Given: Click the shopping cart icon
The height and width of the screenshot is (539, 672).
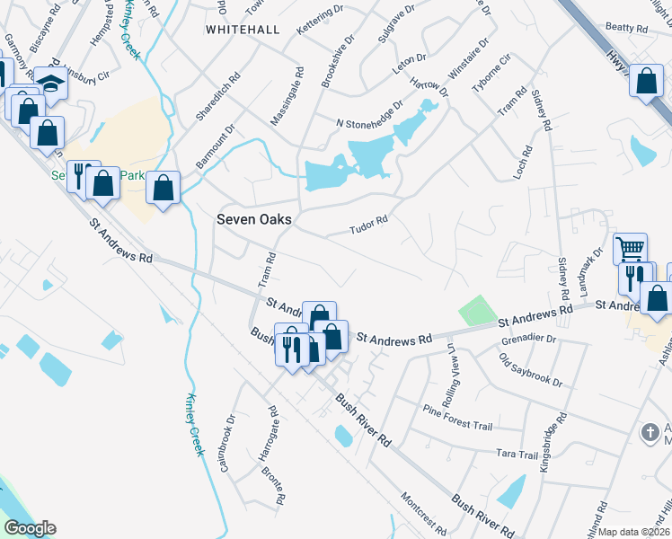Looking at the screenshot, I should [x=631, y=248].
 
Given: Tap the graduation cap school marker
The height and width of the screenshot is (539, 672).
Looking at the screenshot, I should [x=51, y=85].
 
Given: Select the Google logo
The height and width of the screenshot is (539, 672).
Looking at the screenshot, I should [x=31, y=528].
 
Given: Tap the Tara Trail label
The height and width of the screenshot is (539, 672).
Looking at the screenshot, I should [x=515, y=455].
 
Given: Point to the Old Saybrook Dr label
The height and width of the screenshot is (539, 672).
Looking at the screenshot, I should [x=532, y=370].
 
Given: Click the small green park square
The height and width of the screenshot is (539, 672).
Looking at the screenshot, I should [x=477, y=311].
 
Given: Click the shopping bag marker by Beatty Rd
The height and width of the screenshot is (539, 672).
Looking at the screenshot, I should [x=647, y=83].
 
